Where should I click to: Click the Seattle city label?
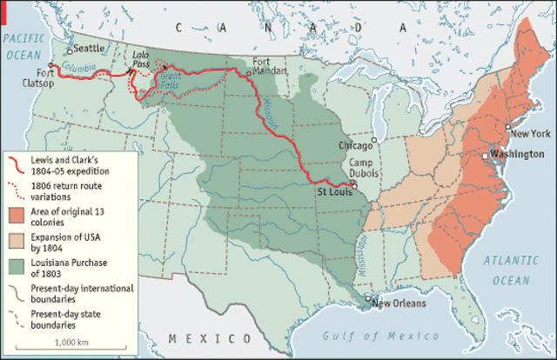(90, 50)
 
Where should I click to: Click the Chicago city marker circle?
(373, 139)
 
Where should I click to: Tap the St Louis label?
(334, 190)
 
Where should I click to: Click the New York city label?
(530, 133)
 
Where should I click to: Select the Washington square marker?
(486, 156)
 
